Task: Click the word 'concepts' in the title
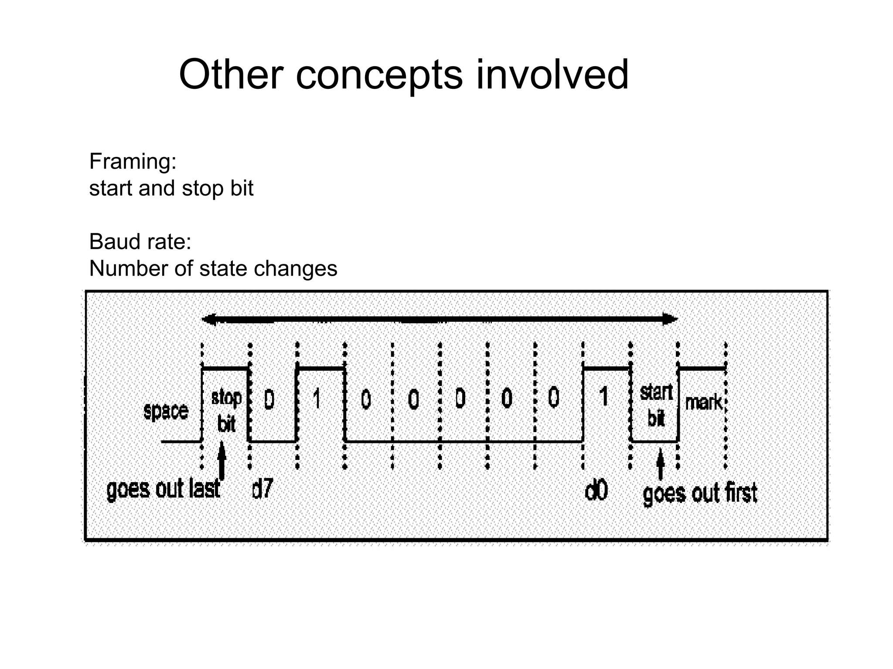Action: coord(378,75)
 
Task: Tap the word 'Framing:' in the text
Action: coord(133,162)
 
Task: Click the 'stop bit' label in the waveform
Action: coord(226,410)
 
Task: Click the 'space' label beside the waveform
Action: coord(166,411)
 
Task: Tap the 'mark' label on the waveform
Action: coord(703,402)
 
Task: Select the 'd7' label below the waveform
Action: coord(262,489)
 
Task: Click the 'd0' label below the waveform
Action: coord(596,491)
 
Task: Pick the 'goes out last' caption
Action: coord(164,489)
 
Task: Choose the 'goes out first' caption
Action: coord(700,493)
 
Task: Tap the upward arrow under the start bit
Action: coord(660,464)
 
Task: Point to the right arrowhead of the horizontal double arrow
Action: coord(670,319)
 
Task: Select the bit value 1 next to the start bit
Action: coord(604,397)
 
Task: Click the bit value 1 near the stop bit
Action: coord(317,398)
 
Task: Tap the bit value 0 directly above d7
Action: coord(269,399)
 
